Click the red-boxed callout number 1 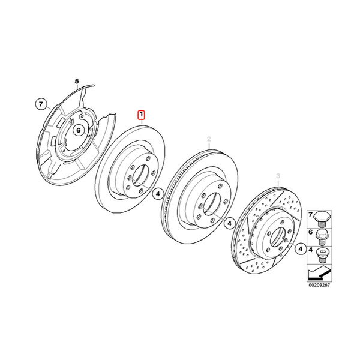tap(142, 115)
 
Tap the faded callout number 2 tap(209, 139)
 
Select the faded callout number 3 tap(278, 176)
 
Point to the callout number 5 tap(77, 81)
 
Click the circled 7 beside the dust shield tap(41, 104)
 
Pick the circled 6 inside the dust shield tap(79, 130)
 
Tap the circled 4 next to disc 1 tap(158, 194)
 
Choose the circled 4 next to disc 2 tap(230, 223)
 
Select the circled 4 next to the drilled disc tap(301, 248)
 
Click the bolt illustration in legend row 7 tap(322, 219)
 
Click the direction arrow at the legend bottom tap(319, 273)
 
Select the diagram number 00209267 tap(319, 285)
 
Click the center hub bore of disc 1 tap(140, 175)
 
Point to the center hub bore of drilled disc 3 tap(278, 238)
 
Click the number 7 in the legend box tap(310, 215)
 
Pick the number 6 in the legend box tap(310, 232)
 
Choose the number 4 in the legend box tap(310, 250)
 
